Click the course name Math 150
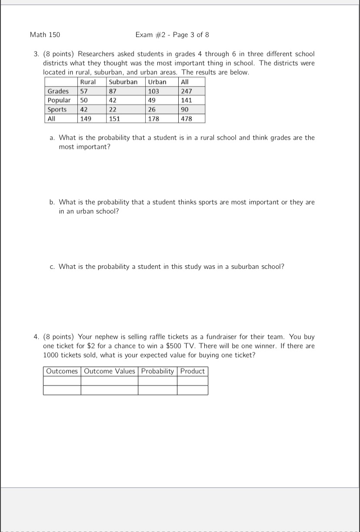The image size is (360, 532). (45, 35)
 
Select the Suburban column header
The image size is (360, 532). (123, 82)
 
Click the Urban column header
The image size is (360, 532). (157, 82)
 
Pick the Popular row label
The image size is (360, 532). (59, 100)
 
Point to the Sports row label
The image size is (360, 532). (57, 109)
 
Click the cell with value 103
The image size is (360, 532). (154, 91)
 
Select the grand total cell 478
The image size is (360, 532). (187, 118)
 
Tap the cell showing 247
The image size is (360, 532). (187, 91)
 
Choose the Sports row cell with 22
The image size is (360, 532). (113, 109)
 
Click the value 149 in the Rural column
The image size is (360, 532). (85, 118)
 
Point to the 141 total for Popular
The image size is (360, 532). (187, 100)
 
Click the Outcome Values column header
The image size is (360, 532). (110, 371)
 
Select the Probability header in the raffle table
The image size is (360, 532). (157, 371)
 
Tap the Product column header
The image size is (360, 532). (192, 371)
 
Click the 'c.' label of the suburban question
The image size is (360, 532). (52, 266)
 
